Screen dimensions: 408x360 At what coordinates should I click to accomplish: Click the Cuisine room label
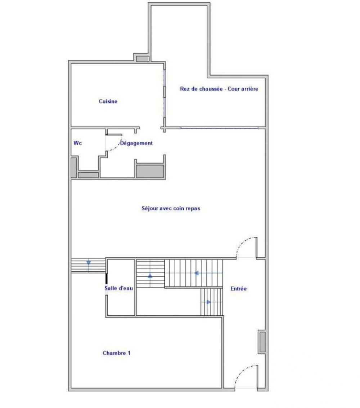[108, 102]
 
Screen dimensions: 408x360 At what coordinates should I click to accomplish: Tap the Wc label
[77, 143]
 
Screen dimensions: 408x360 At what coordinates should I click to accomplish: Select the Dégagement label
[136, 143]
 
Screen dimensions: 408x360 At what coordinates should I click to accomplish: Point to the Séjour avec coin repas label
[171, 208]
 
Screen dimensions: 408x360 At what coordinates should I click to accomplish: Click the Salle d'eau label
[119, 288]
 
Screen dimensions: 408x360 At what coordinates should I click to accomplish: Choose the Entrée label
[238, 289]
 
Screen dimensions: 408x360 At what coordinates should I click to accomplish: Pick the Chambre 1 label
[117, 353]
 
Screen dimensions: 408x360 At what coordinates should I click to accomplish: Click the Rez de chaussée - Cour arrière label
[219, 89]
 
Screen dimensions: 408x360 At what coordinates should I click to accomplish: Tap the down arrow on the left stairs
[89, 263]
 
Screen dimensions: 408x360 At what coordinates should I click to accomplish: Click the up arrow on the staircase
[150, 276]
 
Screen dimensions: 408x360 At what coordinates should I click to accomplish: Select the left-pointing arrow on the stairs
[196, 273]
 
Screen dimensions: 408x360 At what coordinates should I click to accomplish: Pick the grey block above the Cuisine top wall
[142, 58]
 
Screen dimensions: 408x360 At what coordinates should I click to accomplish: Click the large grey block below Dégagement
[150, 171]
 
